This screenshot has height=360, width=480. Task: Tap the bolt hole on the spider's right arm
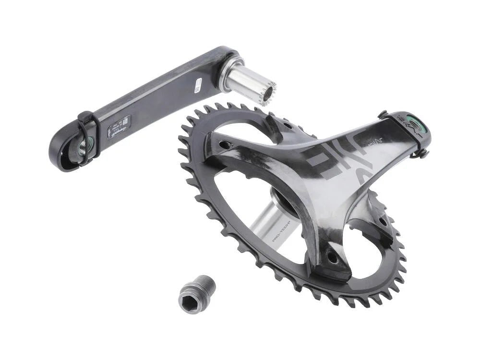pos(383,222)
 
